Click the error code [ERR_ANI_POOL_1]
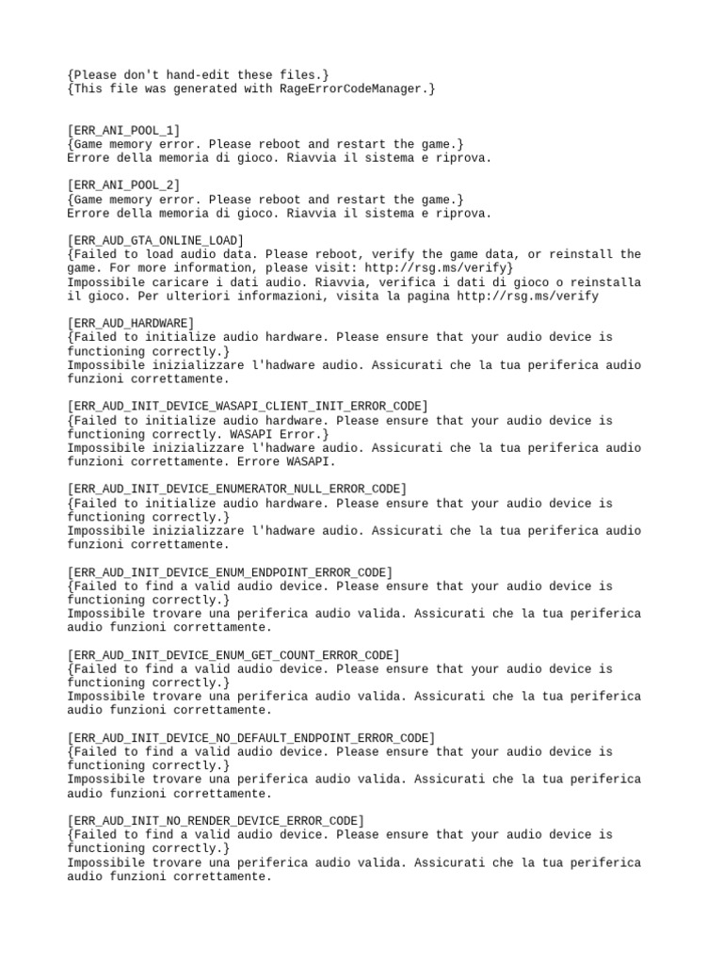(123, 130)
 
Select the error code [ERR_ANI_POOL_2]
(123, 185)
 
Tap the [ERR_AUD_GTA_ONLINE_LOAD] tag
(155, 241)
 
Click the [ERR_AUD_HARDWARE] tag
(131, 323)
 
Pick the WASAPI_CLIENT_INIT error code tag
(248, 406)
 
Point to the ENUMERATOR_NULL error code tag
(237, 489)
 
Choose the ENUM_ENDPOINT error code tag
(230, 572)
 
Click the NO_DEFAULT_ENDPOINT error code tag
(251, 737)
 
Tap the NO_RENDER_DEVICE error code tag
(216, 821)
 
